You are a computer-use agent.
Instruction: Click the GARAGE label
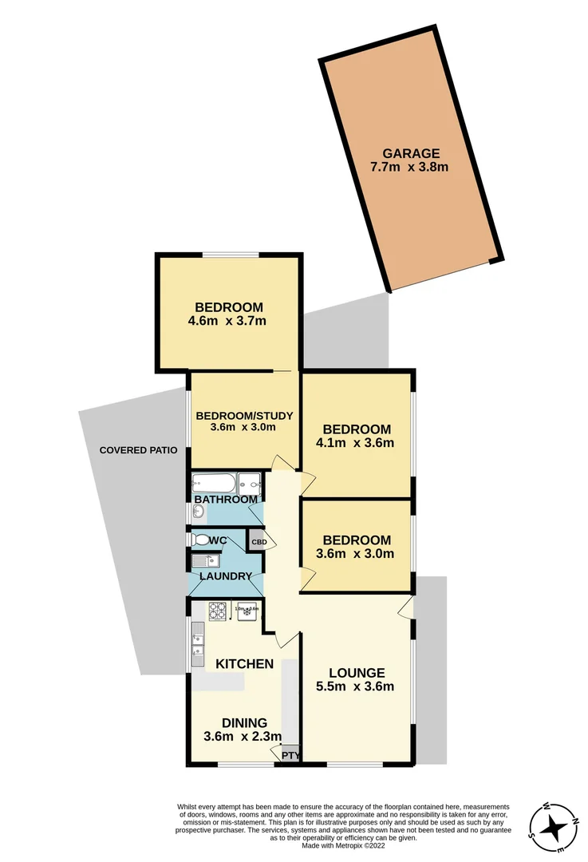pyautogui.click(x=410, y=153)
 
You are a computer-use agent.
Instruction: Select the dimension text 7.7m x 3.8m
pyautogui.click(x=410, y=167)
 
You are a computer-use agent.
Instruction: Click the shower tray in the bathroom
pyautogui.click(x=250, y=483)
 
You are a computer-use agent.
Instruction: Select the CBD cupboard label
pyautogui.click(x=258, y=542)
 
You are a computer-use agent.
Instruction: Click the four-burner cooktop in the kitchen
pyautogui.click(x=218, y=611)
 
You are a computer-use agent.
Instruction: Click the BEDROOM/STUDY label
pyautogui.click(x=245, y=415)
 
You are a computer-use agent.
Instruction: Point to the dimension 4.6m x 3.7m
pyautogui.click(x=228, y=321)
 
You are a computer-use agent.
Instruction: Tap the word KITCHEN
pyautogui.click(x=245, y=664)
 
